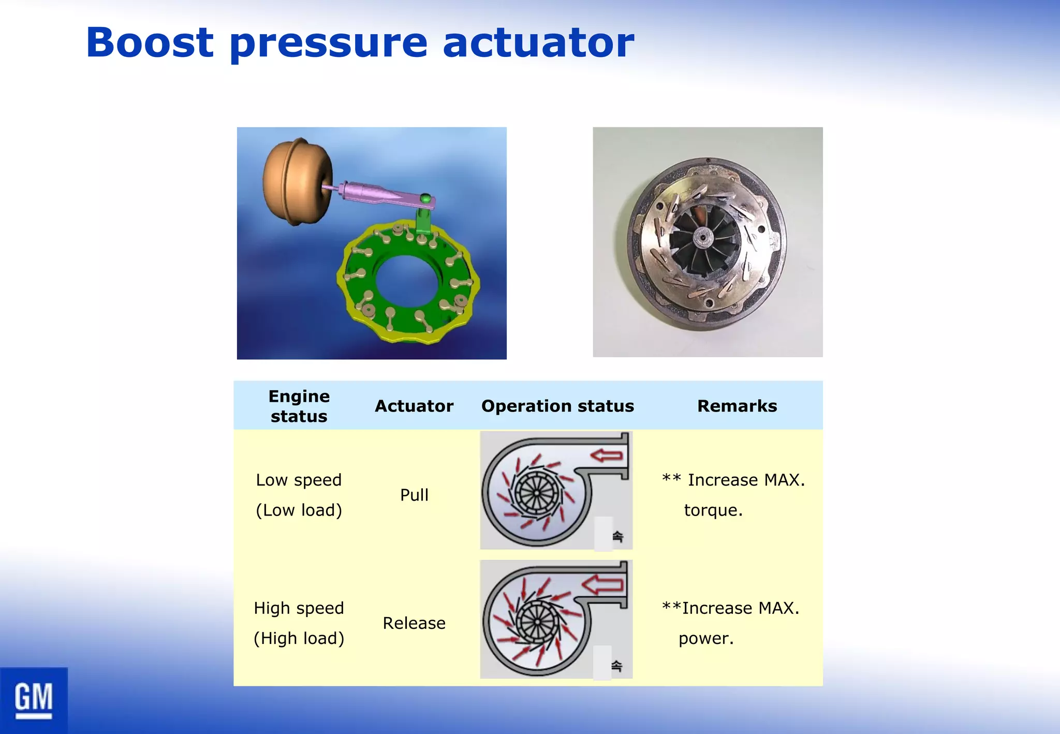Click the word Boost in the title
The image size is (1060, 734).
[x=150, y=42]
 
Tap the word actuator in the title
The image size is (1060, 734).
[x=538, y=42]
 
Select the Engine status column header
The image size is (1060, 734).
[x=299, y=406]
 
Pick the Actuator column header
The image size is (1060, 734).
[x=414, y=406]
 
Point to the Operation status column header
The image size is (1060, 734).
[x=557, y=406]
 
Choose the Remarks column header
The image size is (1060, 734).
[x=737, y=406]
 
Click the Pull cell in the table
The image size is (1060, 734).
[x=414, y=495]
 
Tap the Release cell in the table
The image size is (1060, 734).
[x=414, y=623]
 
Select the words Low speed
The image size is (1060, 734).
[x=299, y=480]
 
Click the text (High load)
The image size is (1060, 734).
[x=299, y=638]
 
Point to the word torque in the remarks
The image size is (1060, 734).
[x=713, y=510]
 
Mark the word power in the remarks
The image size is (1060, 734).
[x=705, y=638]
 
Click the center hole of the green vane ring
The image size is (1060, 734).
[x=407, y=280]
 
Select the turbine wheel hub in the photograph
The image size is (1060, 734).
[x=703, y=238]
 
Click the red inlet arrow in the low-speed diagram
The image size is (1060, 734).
[x=607, y=456]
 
